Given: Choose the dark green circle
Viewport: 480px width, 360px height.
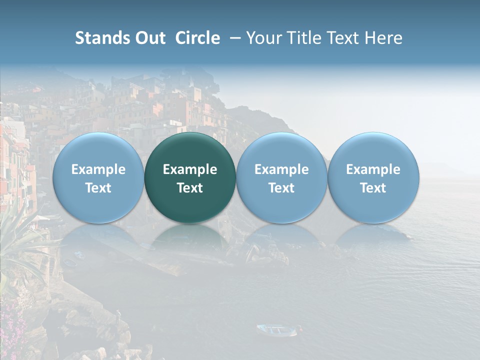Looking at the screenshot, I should click(x=190, y=177).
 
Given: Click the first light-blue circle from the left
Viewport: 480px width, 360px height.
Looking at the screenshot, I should click(x=98, y=177).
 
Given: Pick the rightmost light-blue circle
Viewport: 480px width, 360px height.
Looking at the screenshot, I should click(x=373, y=177).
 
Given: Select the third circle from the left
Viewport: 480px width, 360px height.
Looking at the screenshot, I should click(x=281, y=177).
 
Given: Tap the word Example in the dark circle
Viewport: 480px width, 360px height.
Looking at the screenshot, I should click(x=190, y=169).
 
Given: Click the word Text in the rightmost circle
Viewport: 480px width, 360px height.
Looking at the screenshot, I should click(x=373, y=188).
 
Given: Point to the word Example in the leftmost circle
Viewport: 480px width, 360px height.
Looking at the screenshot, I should click(x=98, y=169).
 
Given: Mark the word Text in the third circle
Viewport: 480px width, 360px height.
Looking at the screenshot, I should click(x=281, y=188).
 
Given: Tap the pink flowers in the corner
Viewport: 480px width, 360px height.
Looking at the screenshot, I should click(x=12, y=330).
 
